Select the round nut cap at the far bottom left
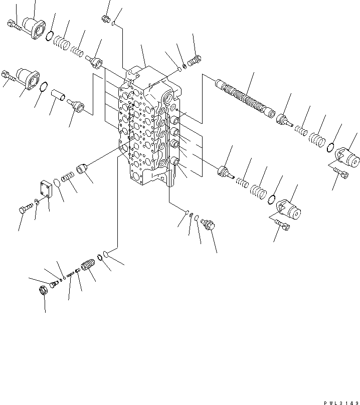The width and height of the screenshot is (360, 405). (x=44, y=290)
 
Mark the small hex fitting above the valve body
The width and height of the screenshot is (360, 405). (x=105, y=19)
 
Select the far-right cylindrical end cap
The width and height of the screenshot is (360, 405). (x=346, y=157)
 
